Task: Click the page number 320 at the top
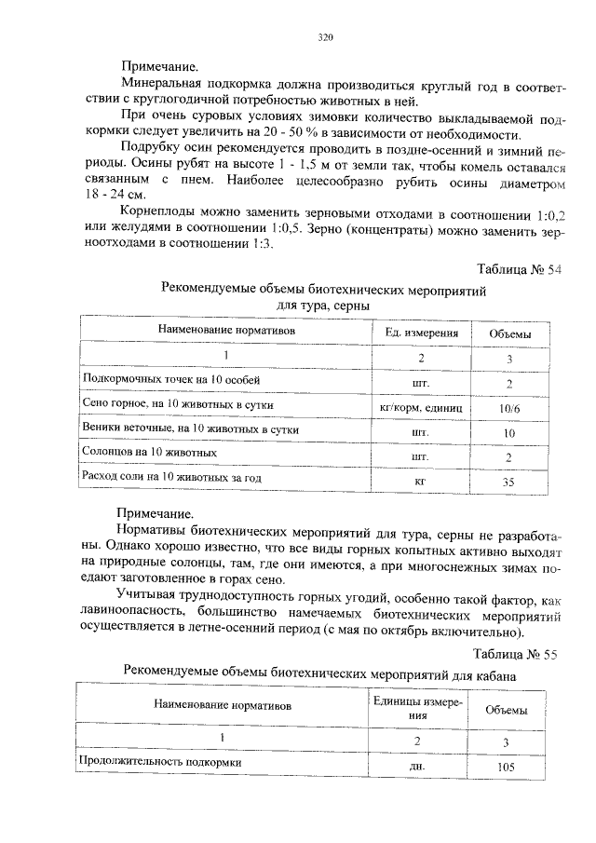(x=325, y=38)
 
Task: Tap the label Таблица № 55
(x=515, y=655)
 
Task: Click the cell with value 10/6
(x=509, y=408)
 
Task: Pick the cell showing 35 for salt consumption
(x=509, y=483)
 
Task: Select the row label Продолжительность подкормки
(x=160, y=763)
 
